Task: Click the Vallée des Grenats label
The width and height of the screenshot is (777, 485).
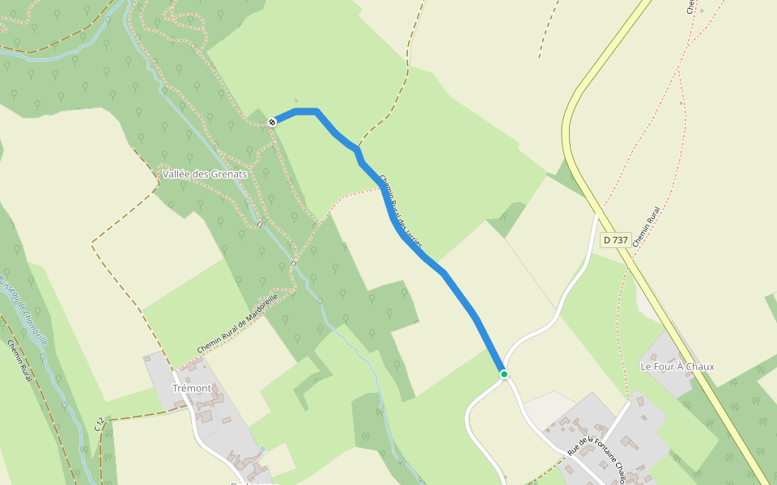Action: tap(204, 174)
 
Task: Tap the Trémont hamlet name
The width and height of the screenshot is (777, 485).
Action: tap(192, 388)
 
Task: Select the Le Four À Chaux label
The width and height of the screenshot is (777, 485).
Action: tap(677, 366)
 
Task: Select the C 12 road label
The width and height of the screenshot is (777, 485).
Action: tap(99, 424)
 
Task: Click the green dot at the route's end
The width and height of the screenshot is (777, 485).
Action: tap(503, 374)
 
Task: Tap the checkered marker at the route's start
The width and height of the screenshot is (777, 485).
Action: tap(273, 121)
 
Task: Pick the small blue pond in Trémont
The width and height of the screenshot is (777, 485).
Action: tap(262, 449)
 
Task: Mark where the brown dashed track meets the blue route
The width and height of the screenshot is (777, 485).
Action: tap(357, 149)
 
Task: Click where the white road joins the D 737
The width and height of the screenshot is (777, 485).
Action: tap(597, 213)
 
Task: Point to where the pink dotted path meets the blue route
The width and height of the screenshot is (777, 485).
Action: tap(380, 188)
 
